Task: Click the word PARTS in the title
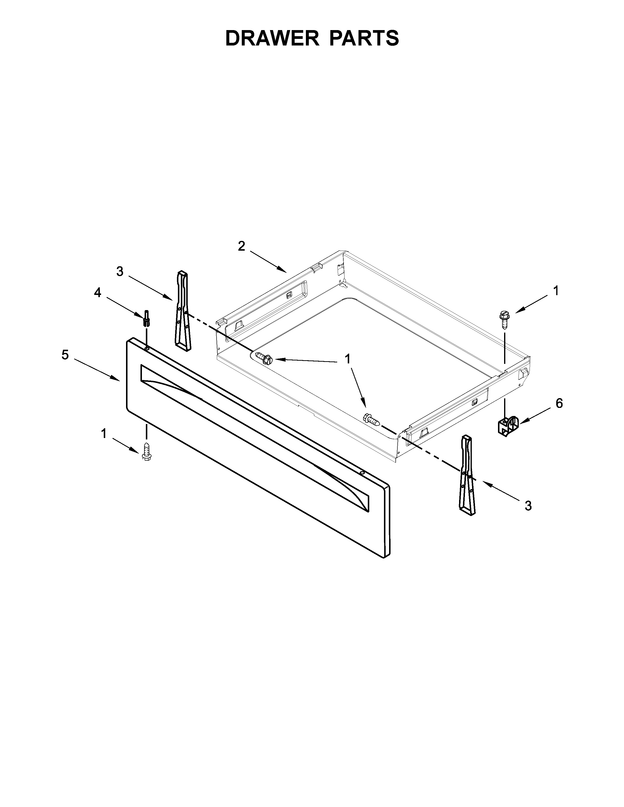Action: click(x=364, y=38)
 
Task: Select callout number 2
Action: click(x=241, y=246)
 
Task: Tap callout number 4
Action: click(x=97, y=293)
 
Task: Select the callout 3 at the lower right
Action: click(x=528, y=506)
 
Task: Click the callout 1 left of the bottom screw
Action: click(x=104, y=433)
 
